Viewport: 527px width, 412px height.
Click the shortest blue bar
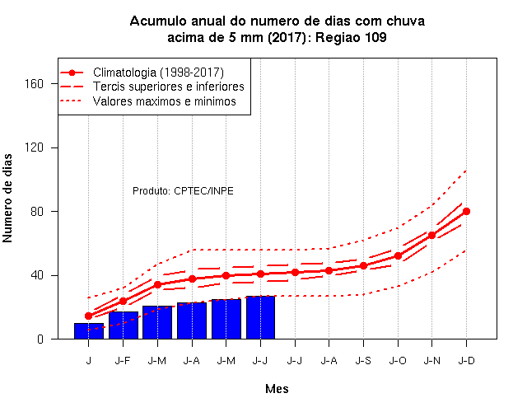coord(89,331)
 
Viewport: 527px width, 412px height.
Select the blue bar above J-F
coord(124,325)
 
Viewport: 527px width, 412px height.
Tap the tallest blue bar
coord(260,317)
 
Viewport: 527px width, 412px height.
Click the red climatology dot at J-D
coord(466,211)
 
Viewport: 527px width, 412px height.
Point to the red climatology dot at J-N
coord(431,235)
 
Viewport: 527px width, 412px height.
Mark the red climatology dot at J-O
coord(398,256)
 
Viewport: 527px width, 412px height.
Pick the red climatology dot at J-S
coord(363,265)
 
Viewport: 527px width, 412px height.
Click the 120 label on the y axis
coord(34,147)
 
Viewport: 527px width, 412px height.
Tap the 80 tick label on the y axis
coord(37,211)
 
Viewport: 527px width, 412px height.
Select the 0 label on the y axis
coord(40,339)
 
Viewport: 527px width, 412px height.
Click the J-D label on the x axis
coord(467,361)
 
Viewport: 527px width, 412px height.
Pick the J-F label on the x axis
coord(123,361)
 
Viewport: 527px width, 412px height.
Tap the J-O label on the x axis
coord(398,361)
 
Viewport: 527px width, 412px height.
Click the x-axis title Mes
coord(277,389)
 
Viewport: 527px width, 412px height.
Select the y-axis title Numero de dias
coord(7,198)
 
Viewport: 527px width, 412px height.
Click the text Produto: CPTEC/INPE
coord(183,191)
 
